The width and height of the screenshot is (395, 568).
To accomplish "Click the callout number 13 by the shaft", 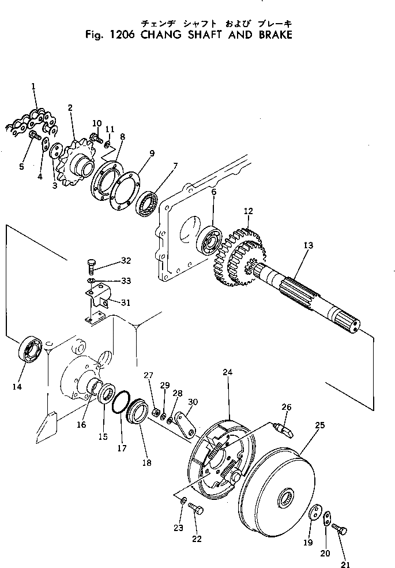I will [308, 245].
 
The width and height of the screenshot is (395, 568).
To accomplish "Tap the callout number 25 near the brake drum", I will [320, 425].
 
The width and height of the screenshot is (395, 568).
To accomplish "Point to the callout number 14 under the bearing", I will [17, 387].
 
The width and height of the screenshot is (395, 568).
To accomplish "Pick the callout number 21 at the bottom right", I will [345, 565].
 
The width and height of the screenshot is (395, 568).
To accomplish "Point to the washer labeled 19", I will [315, 513].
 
